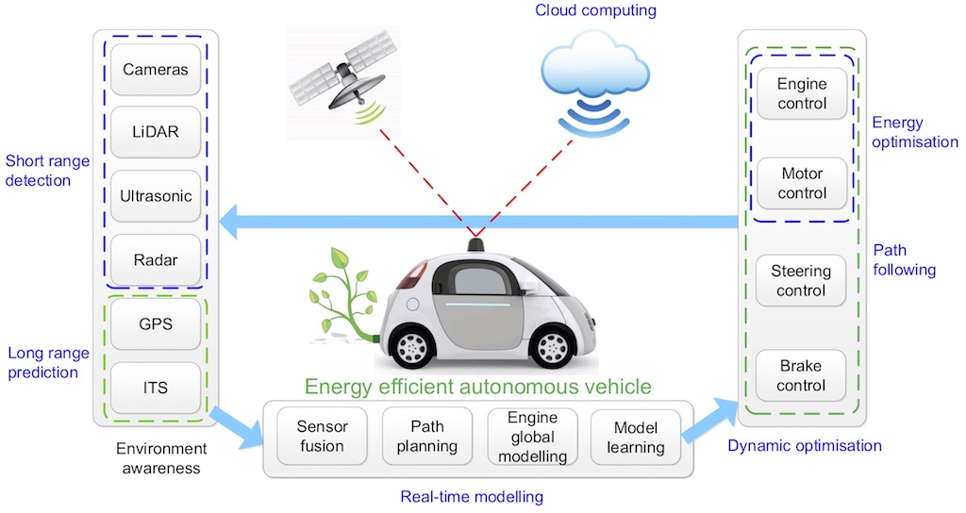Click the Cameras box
[x=156, y=70]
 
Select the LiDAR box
[x=156, y=133]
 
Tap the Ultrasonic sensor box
[x=156, y=197]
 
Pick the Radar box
[x=156, y=260]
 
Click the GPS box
[x=156, y=323]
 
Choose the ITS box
[x=156, y=387]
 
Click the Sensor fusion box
[x=322, y=436]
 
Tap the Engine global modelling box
[x=532, y=437]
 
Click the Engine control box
[x=801, y=93]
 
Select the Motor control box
[x=801, y=184]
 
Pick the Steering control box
[x=801, y=280]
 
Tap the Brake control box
[x=801, y=375]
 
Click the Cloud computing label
[x=594, y=11]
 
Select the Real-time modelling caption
[x=472, y=495]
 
